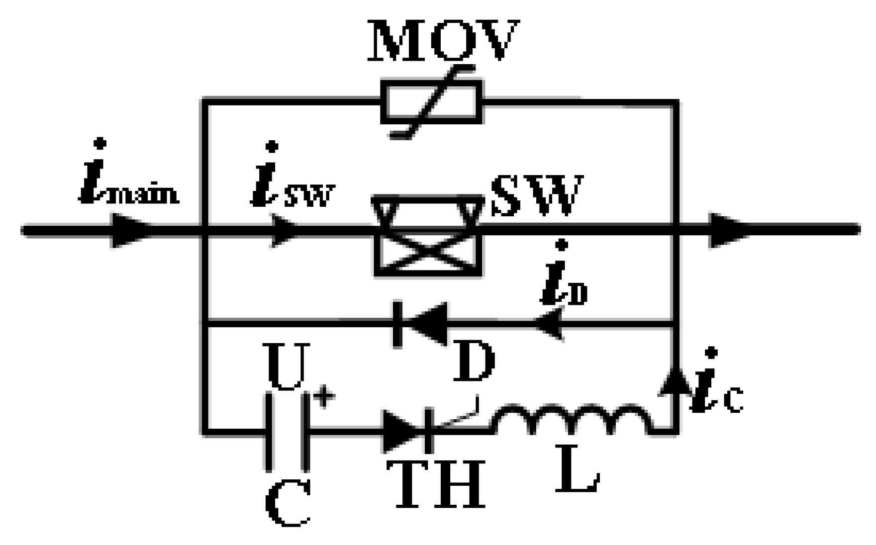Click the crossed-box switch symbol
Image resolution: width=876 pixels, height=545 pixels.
[428, 235]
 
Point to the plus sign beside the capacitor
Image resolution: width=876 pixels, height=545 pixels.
[324, 398]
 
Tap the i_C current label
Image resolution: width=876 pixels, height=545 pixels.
[716, 385]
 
